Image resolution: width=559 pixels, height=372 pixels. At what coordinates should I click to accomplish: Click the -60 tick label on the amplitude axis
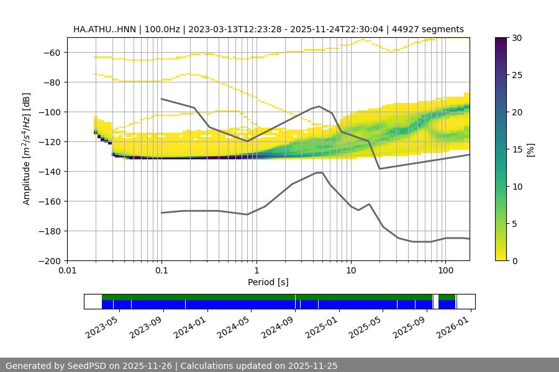click(x=51, y=53)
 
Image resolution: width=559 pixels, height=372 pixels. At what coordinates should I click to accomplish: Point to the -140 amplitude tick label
click(x=48, y=172)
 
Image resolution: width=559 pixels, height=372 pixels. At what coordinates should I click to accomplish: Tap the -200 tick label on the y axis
click(x=48, y=261)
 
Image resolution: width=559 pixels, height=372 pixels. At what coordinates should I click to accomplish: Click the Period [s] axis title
click(x=268, y=283)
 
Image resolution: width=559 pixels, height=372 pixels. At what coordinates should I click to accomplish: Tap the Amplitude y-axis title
click(x=27, y=149)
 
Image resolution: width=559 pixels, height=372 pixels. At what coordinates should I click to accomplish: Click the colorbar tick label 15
click(x=515, y=149)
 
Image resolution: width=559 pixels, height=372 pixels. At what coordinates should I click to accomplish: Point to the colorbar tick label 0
click(x=512, y=261)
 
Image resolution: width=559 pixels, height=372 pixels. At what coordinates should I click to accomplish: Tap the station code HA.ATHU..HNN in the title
click(x=106, y=29)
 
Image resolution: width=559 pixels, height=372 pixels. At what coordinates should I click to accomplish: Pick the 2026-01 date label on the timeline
click(x=453, y=326)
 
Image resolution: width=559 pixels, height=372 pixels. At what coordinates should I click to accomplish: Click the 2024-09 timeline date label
click(x=278, y=326)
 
